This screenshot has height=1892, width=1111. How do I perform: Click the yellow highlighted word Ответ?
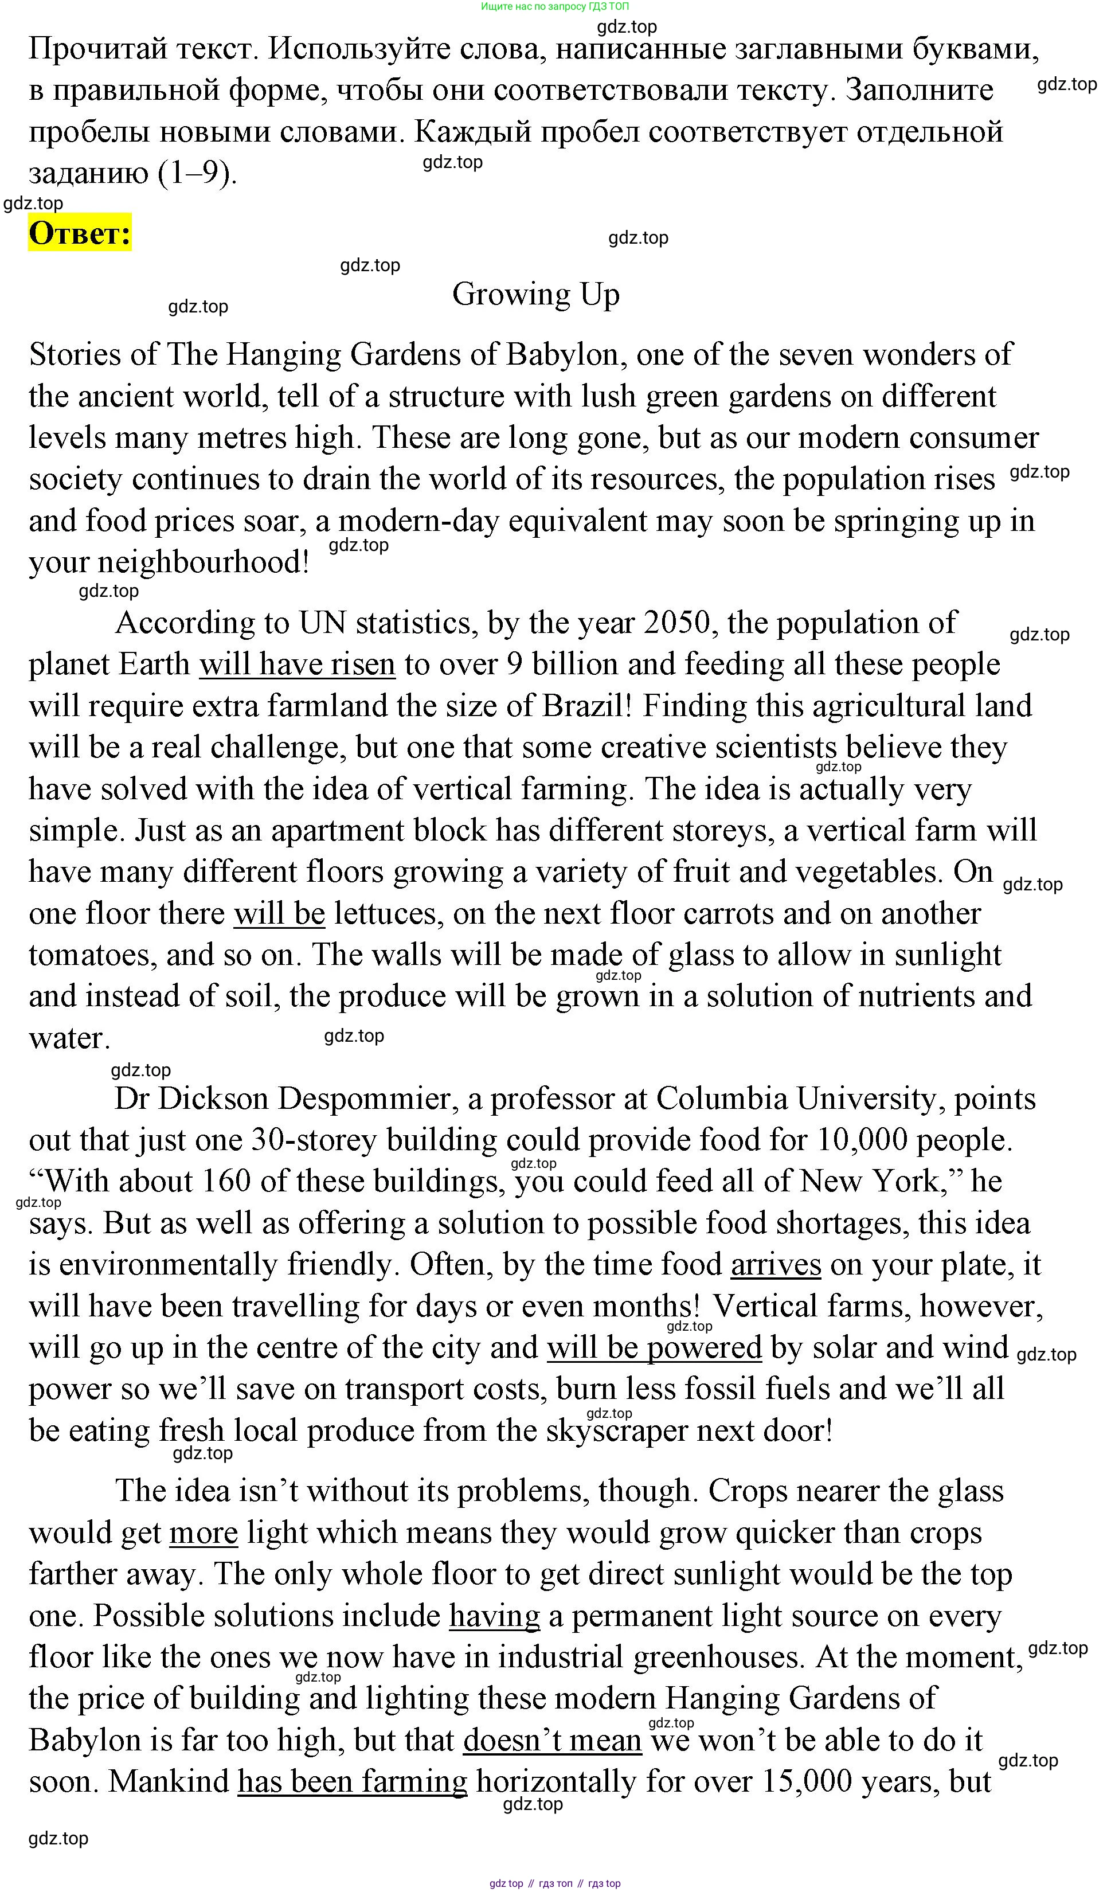tap(80, 233)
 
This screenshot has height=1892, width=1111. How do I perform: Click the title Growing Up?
tap(535, 294)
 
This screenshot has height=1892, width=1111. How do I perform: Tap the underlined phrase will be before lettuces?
tap(279, 914)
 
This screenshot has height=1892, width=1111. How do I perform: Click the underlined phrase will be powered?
tap(654, 1348)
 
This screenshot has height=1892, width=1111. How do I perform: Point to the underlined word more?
tap(204, 1534)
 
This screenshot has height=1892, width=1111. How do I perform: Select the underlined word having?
tap(494, 1616)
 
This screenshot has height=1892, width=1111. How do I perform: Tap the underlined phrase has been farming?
tap(352, 1782)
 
